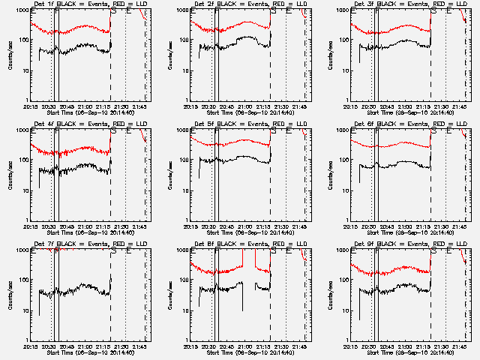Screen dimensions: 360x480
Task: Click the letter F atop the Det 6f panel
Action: [376, 130]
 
